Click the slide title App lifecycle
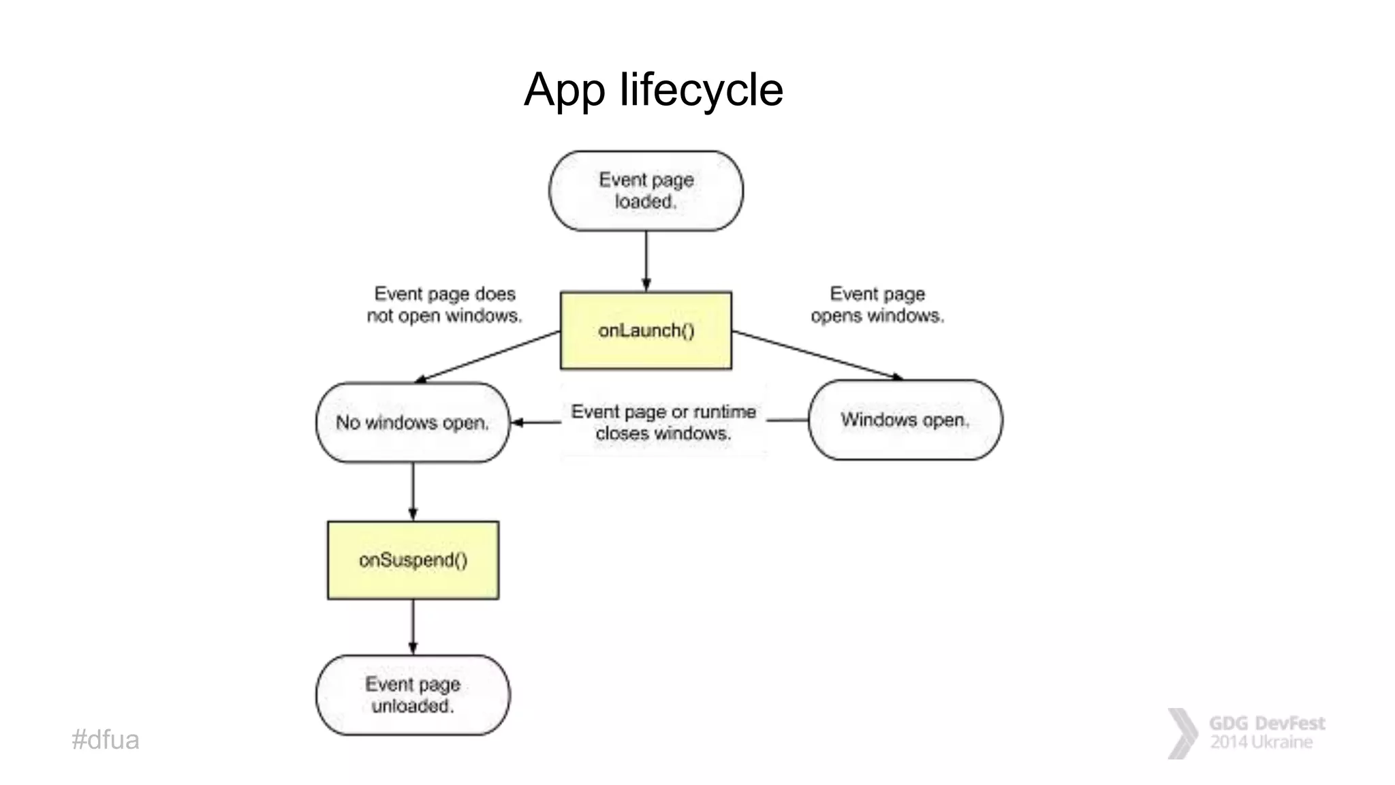coord(653,89)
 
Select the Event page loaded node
coord(646,191)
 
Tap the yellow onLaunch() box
coord(646,330)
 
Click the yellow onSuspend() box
coord(413,560)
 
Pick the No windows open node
coord(413,422)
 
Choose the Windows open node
coord(905,420)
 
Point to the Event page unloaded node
coord(413,695)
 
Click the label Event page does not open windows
coord(445,305)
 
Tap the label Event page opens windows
coord(877,305)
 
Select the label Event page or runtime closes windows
coord(663,422)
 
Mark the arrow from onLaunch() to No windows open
coord(487,356)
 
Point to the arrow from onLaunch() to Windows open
coord(817,355)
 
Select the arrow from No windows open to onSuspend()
coord(413,491)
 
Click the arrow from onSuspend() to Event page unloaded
coord(413,627)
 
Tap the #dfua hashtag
coord(106,740)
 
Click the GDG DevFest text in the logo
coord(1267,723)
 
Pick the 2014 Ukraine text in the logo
coord(1261,742)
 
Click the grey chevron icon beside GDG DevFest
coord(1182,733)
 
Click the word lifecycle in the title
coord(701,89)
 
